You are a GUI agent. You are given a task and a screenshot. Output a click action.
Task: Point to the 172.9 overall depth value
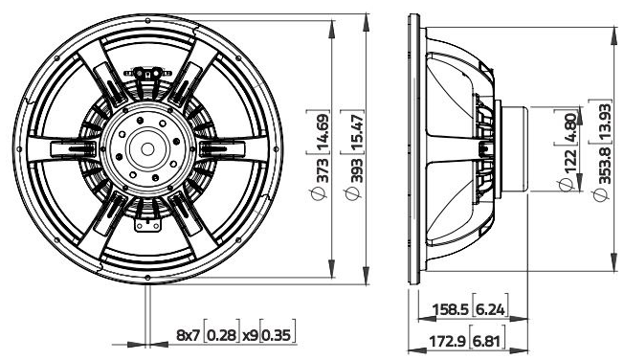coord(449,342)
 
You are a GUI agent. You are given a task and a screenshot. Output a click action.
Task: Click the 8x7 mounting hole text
coord(188,336)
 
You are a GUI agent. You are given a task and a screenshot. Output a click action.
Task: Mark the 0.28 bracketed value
coord(222,336)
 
